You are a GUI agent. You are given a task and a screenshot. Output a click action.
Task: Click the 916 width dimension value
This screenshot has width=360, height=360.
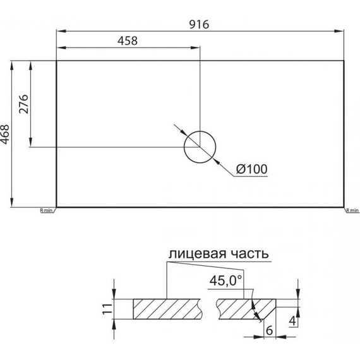click(x=199, y=25)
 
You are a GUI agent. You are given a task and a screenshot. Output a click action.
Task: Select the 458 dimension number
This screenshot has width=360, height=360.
click(x=128, y=41)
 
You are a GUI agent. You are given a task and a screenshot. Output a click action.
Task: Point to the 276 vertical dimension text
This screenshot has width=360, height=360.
click(x=23, y=104)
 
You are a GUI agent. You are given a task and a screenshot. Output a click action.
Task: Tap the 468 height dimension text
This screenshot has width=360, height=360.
click(x=4, y=135)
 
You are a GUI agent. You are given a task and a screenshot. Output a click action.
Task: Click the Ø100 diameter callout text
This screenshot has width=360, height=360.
click(x=251, y=169)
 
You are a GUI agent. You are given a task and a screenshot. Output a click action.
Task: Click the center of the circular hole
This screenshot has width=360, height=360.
click(x=200, y=147)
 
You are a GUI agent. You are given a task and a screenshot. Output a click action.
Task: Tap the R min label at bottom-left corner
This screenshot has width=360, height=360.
click(x=46, y=210)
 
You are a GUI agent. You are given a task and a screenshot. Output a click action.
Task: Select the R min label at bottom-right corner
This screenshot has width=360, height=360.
click(x=352, y=210)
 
